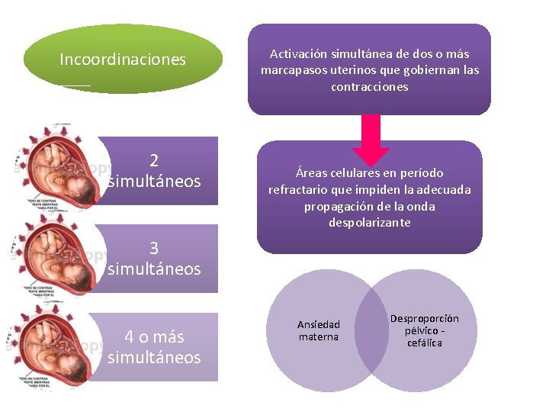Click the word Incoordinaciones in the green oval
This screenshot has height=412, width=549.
(x=123, y=60)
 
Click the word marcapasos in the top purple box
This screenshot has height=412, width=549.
(x=293, y=70)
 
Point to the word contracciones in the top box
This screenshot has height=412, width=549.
(x=370, y=87)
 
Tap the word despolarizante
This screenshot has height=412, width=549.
(x=370, y=223)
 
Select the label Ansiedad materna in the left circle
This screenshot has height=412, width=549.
(x=319, y=330)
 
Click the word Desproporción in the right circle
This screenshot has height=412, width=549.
(x=425, y=318)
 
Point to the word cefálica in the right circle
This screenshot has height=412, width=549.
(x=425, y=343)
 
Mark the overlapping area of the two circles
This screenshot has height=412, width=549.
(x=371, y=330)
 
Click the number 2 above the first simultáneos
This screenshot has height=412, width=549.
(x=154, y=161)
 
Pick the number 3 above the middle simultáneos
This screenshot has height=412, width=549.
(x=154, y=249)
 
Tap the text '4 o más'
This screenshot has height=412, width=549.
(x=154, y=337)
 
